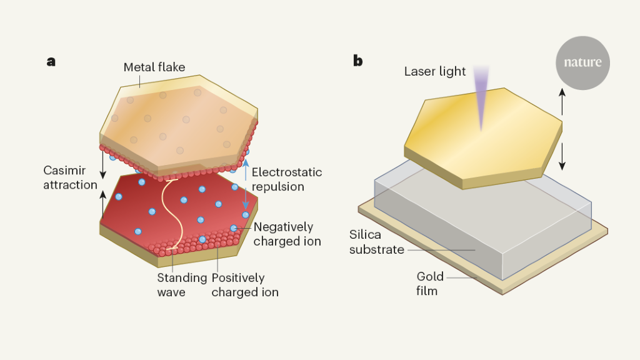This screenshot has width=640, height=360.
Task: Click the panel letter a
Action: pos(51,61)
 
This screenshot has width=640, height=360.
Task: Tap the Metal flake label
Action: pos(154,67)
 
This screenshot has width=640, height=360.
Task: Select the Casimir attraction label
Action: pos(71,177)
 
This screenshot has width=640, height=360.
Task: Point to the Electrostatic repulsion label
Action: pos(286,179)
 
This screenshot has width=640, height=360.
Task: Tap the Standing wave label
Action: pos(181,284)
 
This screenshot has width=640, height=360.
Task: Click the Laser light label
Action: pos(435,71)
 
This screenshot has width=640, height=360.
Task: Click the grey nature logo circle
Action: pos(582,62)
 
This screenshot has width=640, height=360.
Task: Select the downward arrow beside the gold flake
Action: pos(562,156)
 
